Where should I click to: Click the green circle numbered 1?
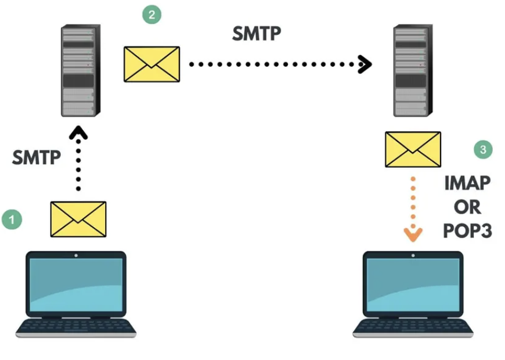point(12,220)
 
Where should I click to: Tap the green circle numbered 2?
point(152,15)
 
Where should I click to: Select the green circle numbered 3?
point(482,150)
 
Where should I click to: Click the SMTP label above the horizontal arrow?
point(257,34)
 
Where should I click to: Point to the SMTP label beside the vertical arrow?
point(37,157)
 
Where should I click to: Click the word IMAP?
point(467,183)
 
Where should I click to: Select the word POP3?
point(467,231)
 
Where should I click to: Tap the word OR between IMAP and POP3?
point(467,207)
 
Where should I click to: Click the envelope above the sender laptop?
point(78,219)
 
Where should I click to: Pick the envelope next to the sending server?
point(151,64)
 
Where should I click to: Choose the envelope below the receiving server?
point(413,149)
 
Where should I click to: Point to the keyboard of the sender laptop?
point(76,326)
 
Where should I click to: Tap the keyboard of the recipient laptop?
point(413,326)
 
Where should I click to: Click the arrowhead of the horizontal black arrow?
point(365,64)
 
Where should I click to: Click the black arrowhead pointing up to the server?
point(78,134)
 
